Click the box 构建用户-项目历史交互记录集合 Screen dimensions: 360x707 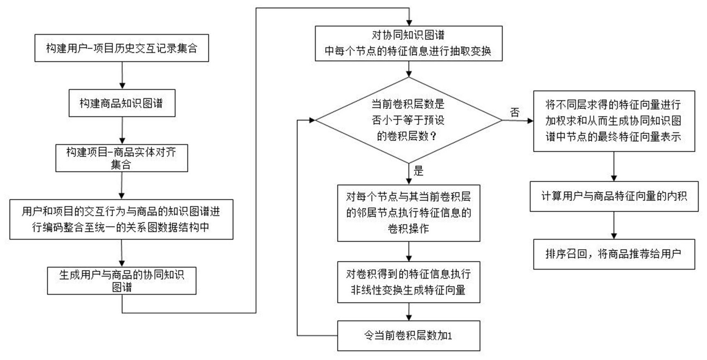[x=122, y=48]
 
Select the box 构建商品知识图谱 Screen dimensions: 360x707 [x=122, y=103]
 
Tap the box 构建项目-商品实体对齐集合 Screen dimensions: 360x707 [x=122, y=158]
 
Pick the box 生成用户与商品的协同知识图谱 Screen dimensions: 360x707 [x=122, y=281]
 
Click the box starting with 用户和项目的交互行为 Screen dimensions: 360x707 [x=122, y=219]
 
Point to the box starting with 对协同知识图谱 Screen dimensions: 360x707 [x=409, y=44]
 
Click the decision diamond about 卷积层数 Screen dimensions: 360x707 [x=409, y=120]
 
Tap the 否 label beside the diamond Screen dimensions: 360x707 [x=515, y=112]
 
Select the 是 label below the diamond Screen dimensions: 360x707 [x=418, y=171]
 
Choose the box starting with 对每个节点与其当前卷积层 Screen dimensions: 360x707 [x=409, y=213]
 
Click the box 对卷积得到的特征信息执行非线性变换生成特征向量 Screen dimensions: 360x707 [x=409, y=282]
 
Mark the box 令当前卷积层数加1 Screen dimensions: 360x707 [x=409, y=336]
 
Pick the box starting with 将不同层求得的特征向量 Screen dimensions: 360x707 [x=614, y=121]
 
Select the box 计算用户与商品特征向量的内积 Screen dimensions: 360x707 [x=614, y=196]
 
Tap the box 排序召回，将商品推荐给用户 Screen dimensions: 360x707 [x=614, y=254]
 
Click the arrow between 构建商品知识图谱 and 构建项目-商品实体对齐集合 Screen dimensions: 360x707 [x=122, y=130]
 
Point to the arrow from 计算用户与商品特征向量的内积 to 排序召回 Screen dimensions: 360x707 [x=614, y=225]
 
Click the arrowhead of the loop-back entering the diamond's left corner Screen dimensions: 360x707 [x=312, y=120]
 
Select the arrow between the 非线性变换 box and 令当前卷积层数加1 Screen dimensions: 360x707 [x=409, y=312]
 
